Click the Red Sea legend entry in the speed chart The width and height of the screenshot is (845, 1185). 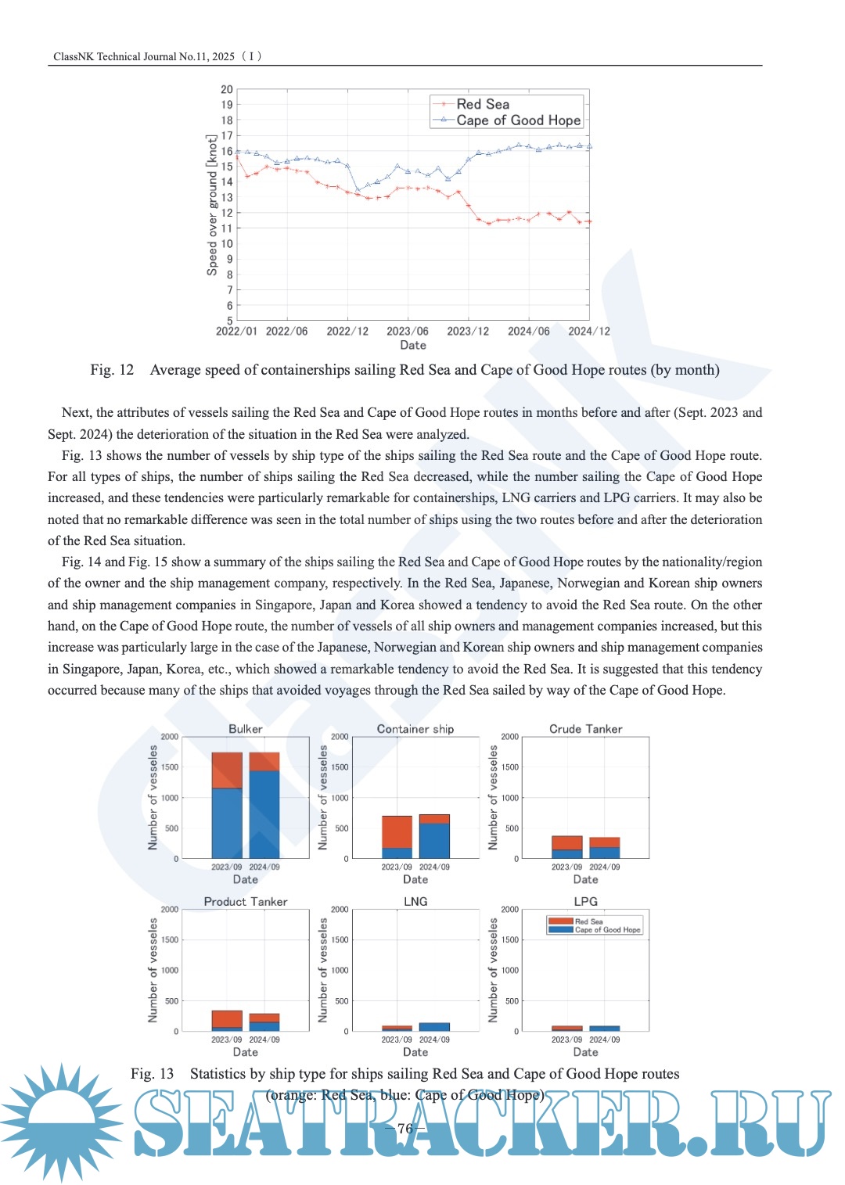click(482, 104)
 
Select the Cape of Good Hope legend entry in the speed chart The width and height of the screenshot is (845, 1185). click(518, 120)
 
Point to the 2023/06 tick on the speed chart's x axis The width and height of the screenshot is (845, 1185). click(408, 331)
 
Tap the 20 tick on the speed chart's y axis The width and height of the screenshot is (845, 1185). click(227, 89)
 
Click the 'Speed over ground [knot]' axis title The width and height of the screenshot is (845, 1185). click(212, 205)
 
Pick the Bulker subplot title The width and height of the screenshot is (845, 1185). click(245, 729)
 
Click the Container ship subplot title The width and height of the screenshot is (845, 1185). click(415, 729)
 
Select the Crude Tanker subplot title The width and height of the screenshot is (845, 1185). click(585, 729)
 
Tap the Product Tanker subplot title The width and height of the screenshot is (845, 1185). click(246, 902)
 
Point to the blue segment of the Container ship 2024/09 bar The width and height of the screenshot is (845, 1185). click(434, 841)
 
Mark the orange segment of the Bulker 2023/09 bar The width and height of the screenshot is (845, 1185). click(227, 770)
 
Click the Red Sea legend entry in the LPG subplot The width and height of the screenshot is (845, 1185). click(588, 921)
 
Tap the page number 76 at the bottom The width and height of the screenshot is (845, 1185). click(405, 1128)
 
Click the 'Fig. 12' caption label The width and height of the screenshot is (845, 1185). click(112, 370)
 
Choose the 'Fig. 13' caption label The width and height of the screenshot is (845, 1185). click(152, 1074)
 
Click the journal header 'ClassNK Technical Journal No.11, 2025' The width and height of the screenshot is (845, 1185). click(144, 56)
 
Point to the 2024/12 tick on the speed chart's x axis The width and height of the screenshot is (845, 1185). click(588, 331)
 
